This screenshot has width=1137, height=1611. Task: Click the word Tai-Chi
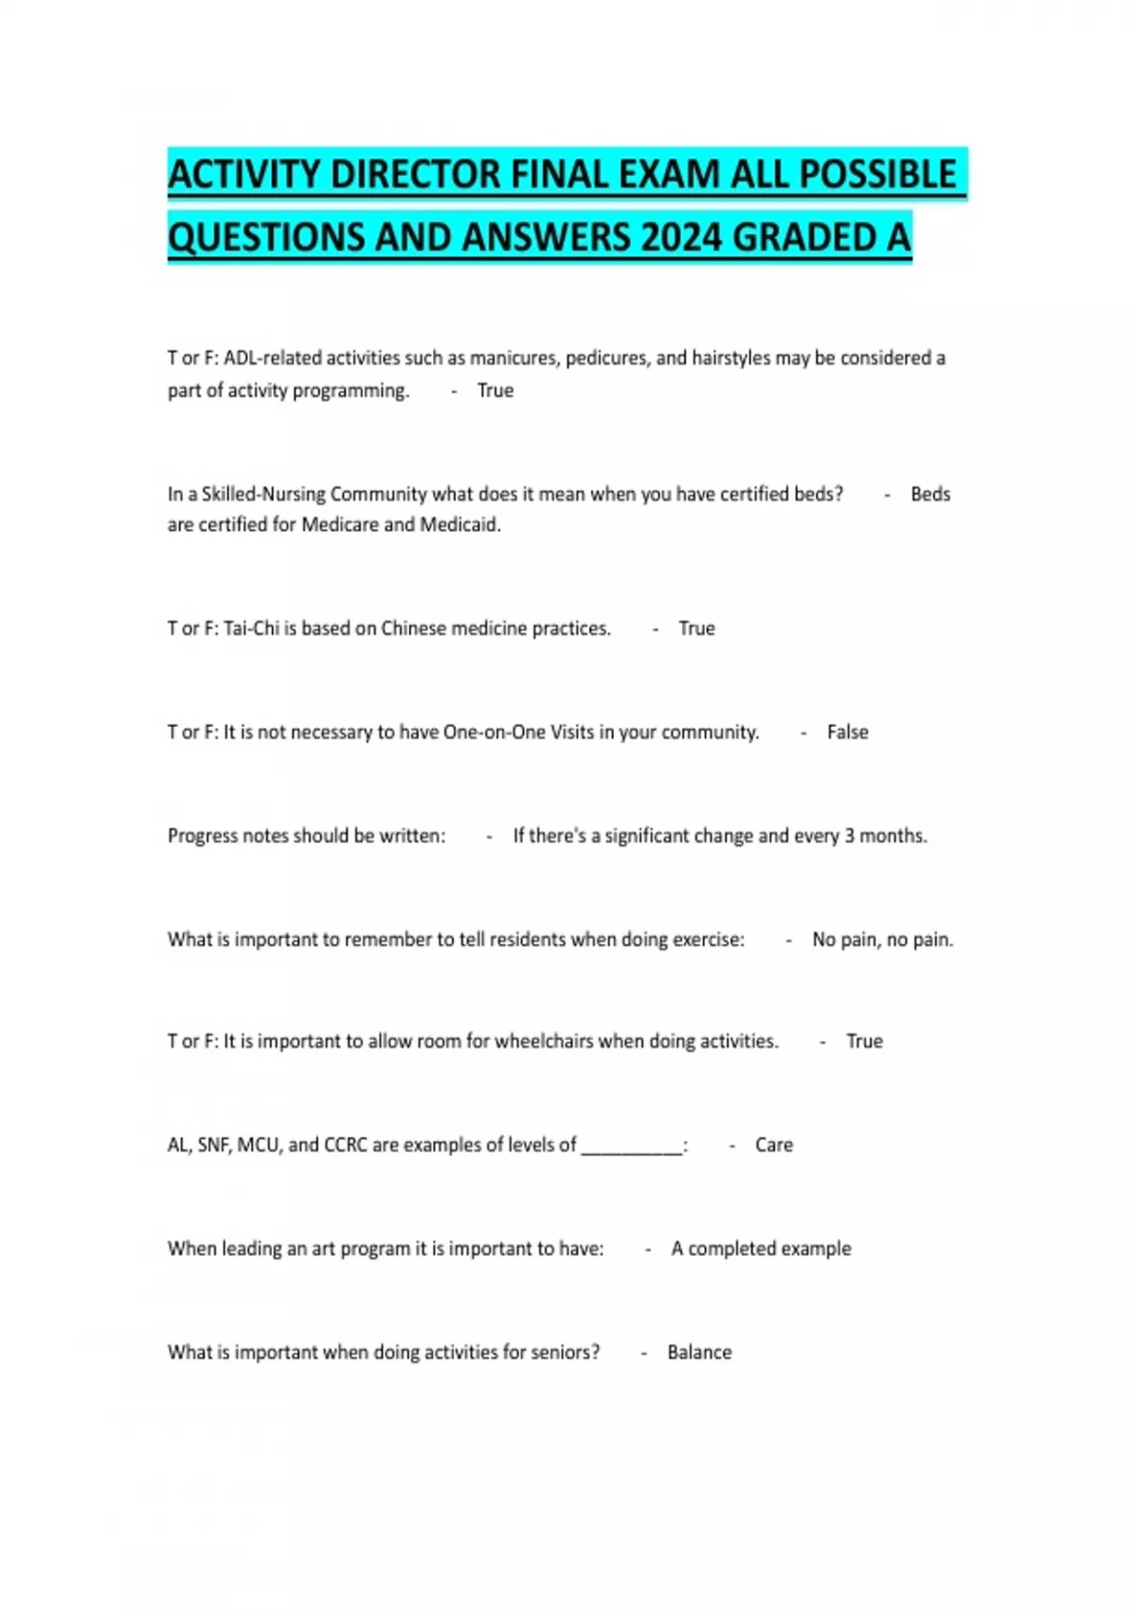[x=251, y=628]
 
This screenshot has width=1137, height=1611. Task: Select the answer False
[x=847, y=732]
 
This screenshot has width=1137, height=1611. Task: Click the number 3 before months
[x=849, y=836]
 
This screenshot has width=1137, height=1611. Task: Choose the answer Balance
[x=699, y=1352]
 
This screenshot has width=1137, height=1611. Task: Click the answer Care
[x=773, y=1145]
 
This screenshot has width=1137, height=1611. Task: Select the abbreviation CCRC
[x=345, y=1145]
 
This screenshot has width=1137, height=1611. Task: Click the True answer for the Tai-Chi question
[x=696, y=628]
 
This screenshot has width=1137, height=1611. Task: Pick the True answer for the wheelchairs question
[x=864, y=1041]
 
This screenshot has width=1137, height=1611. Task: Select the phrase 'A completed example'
[x=761, y=1248]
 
